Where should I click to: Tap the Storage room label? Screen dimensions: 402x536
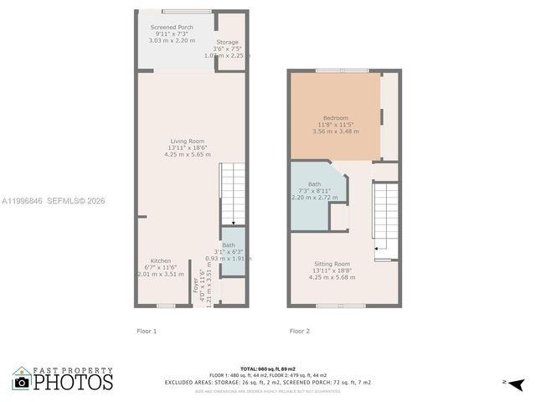(x=227, y=42)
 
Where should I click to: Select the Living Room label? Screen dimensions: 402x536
(x=187, y=141)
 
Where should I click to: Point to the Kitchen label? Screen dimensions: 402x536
(x=160, y=260)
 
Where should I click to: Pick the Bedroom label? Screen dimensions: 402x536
(x=335, y=118)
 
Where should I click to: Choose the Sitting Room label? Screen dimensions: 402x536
(x=332, y=264)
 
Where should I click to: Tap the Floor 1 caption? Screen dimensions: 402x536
(x=147, y=331)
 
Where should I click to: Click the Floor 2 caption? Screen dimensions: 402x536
(x=300, y=331)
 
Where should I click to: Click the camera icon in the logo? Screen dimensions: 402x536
(x=22, y=382)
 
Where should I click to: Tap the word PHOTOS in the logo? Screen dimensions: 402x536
(x=73, y=383)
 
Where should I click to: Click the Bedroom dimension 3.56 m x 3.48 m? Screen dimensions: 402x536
(x=335, y=131)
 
